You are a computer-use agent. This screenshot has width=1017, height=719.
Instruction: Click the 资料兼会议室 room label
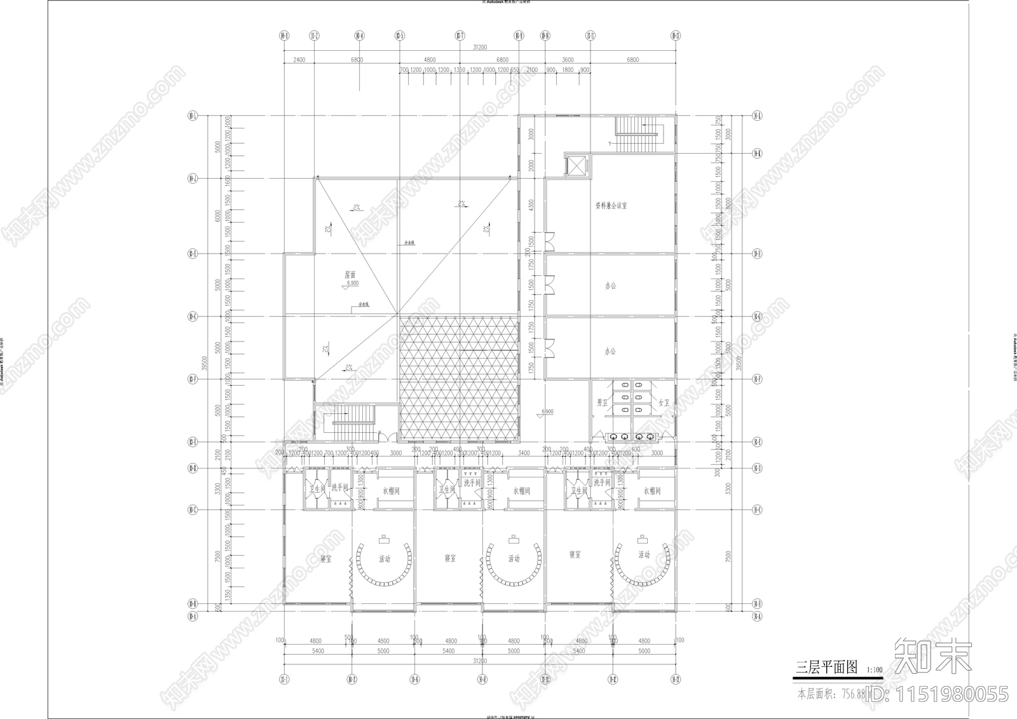(x=611, y=206)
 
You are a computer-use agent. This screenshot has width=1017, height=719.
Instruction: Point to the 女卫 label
(x=664, y=402)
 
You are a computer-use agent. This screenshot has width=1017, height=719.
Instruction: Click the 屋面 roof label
(x=350, y=275)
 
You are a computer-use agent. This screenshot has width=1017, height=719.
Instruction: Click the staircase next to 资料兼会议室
(x=638, y=134)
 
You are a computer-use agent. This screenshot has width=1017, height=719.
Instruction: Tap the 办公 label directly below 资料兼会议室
(x=610, y=286)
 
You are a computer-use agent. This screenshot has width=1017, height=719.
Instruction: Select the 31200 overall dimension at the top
(x=480, y=47)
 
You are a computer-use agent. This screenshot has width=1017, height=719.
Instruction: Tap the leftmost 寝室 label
(x=325, y=559)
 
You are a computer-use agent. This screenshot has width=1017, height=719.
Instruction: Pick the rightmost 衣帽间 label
(x=652, y=491)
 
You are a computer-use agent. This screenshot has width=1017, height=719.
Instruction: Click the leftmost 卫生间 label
(x=317, y=490)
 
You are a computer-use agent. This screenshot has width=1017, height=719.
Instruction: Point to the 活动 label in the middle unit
(x=514, y=559)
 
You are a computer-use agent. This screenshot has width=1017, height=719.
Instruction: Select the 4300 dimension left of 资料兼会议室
(x=531, y=205)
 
